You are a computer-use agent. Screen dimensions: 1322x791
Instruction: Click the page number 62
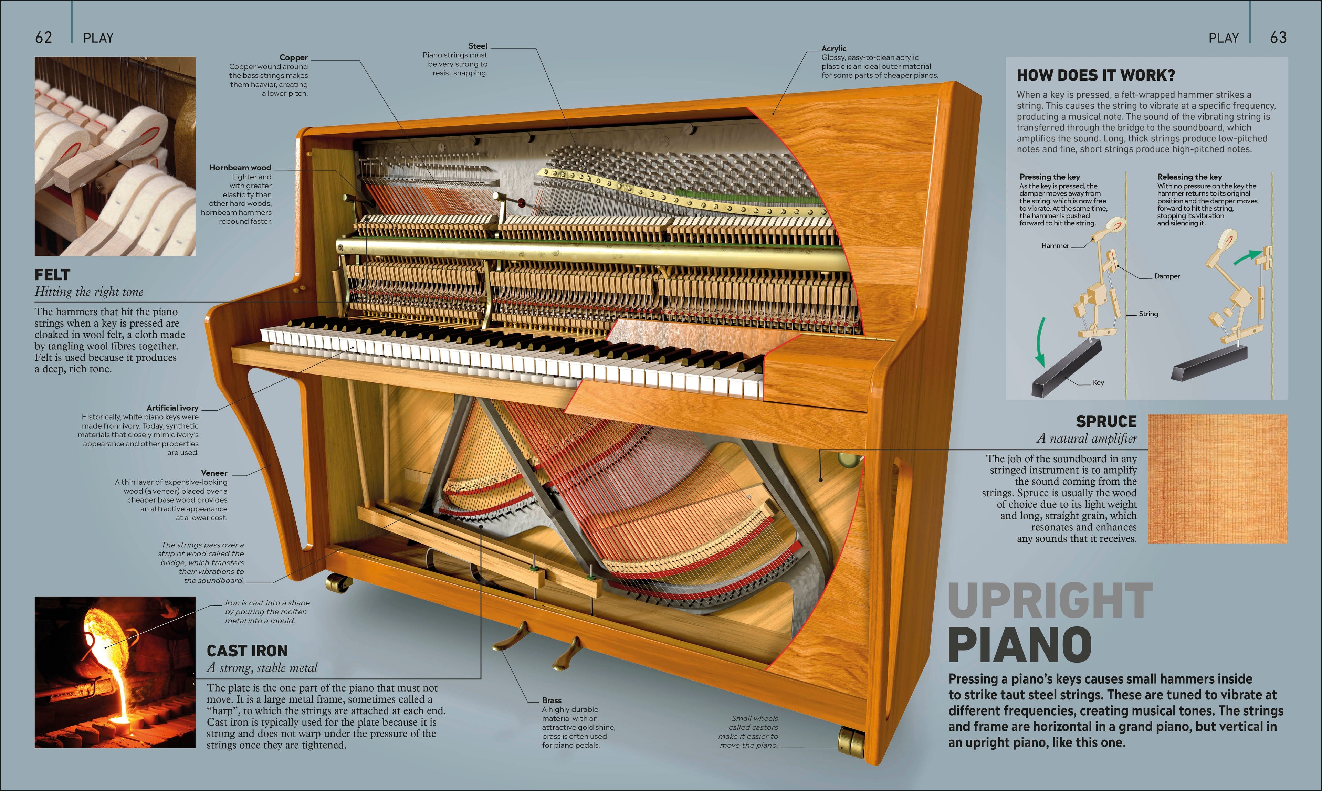(x=44, y=37)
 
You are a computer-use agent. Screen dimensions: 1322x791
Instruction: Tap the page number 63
(x=1278, y=37)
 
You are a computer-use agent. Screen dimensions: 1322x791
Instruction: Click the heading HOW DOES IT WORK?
(x=1096, y=75)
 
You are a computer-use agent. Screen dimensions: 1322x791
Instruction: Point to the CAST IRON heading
(x=247, y=651)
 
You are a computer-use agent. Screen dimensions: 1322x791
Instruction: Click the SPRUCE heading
(x=1106, y=422)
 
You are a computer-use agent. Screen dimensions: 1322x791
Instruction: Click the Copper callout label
(x=294, y=57)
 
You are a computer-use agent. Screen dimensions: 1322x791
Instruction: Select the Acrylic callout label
(x=834, y=49)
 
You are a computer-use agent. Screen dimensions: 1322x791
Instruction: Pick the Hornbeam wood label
(x=240, y=167)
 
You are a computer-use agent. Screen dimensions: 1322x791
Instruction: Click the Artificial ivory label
(x=172, y=408)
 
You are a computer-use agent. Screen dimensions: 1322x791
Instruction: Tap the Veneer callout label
(x=214, y=473)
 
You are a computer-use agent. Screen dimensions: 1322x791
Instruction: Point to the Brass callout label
(x=552, y=700)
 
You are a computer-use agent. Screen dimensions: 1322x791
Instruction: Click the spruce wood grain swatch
(x=1218, y=479)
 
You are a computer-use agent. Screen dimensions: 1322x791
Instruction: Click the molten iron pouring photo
(x=115, y=672)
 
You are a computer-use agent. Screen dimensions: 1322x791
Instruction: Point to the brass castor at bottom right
(x=851, y=742)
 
